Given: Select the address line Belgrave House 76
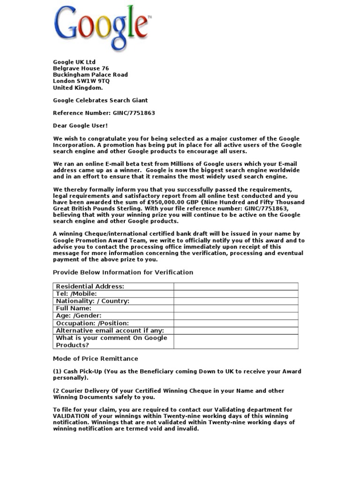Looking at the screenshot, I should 81,68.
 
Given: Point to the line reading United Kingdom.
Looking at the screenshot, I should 77,88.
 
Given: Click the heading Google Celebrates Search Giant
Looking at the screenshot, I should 100,100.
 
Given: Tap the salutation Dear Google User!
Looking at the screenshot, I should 80,126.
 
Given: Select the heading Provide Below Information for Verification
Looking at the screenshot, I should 123,272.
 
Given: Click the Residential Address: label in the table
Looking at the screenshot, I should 90,286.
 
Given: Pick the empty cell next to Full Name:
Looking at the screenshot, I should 236,308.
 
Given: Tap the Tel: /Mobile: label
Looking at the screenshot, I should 76,294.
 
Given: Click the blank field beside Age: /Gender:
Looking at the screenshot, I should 236,316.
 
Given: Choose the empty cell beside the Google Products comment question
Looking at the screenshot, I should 236,341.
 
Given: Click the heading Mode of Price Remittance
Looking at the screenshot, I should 95,359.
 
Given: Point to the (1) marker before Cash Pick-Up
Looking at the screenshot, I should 57,371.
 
